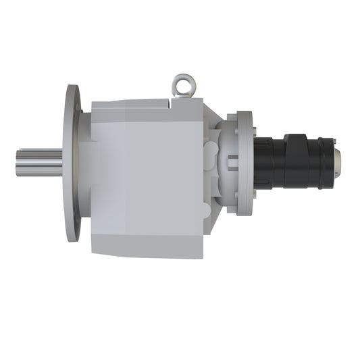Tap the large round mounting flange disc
pos(72,162)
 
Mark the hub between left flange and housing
pos(85,162)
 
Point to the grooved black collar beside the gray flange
pos(263,162)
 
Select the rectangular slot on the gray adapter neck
pos(232,162)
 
